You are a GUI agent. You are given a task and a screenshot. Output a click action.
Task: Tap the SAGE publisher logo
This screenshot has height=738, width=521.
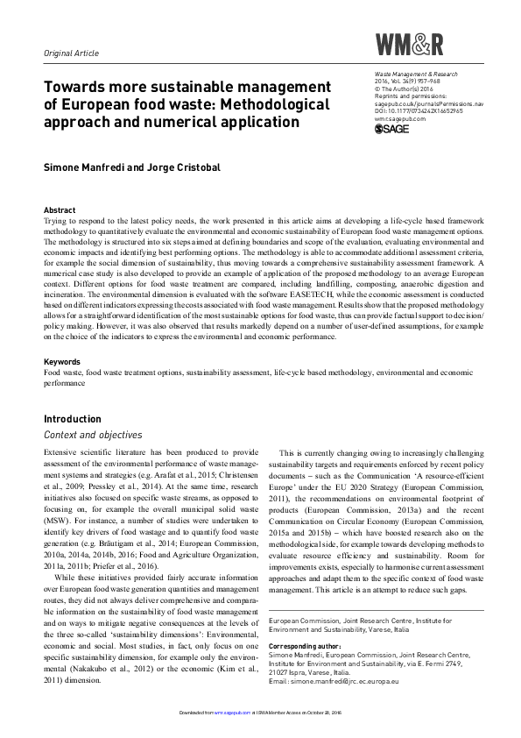[391, 130]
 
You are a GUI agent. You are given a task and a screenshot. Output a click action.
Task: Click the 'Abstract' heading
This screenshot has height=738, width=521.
[60, 210]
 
